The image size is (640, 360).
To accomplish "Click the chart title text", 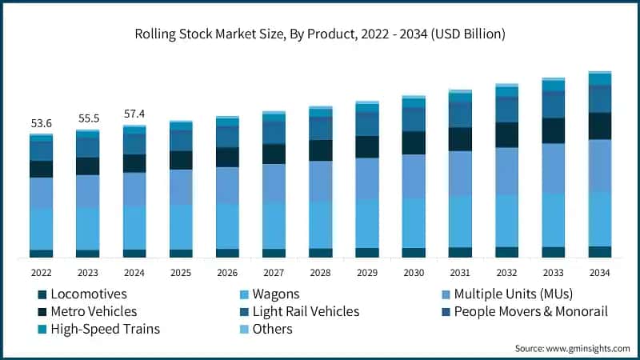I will (320, 34).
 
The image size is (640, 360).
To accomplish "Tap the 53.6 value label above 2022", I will (41, 123).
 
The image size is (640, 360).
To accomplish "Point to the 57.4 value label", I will (134, 114).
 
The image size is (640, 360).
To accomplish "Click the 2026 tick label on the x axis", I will (227, 272).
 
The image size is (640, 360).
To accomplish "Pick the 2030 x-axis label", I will (414, 272).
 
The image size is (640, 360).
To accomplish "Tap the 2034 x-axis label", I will (600, 272).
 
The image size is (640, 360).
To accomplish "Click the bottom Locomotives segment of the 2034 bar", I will (600, 252).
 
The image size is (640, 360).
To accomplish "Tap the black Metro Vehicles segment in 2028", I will (321, 150).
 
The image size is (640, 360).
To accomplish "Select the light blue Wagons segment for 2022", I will (41, 229).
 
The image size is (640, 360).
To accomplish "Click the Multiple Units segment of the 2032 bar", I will (506, 171).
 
